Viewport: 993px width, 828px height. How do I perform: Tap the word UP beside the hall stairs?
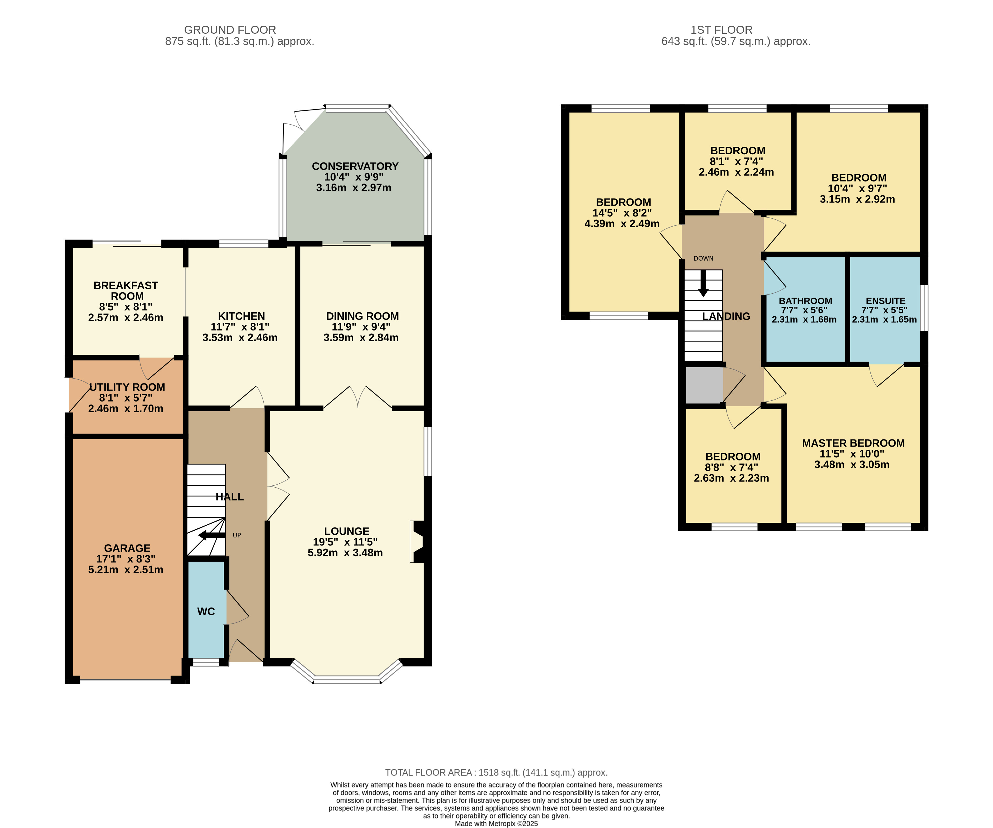tap(237, 535)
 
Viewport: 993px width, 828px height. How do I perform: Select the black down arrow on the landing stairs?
tap(704, 283)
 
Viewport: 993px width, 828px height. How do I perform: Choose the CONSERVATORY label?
tap(355, 167)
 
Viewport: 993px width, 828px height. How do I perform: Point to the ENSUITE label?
tap(886, 301)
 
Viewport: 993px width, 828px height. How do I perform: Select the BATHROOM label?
tap(805, 301)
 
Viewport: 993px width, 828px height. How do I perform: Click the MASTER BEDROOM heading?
tap(853, 443)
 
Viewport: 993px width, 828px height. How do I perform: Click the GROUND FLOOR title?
tap(230, 30)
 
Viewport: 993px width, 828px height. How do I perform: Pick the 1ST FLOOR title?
tap(721, 30)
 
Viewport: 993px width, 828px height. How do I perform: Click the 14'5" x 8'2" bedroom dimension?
tap(622, 213)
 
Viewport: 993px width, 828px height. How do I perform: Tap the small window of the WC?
tap(206, 663)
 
